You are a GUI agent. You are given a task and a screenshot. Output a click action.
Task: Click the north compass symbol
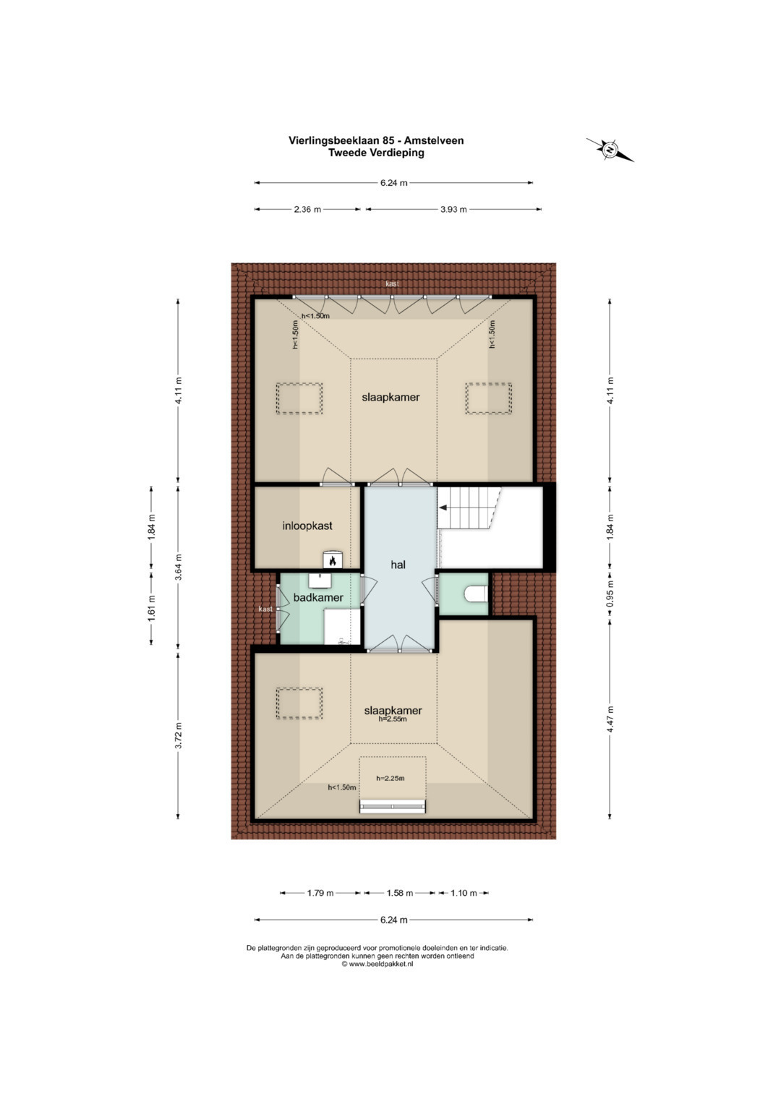pos(610,150)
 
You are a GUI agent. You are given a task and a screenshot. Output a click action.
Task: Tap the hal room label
pos(398,565)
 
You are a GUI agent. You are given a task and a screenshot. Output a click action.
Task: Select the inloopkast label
pos(307,526)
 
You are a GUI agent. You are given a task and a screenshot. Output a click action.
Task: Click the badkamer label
pos(318,598)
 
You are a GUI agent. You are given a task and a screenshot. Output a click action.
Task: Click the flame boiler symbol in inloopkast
pos(333,560)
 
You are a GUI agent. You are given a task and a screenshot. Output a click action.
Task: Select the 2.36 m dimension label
pos(307,210)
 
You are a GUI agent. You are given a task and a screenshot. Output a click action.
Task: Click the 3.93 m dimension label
pos(453,210)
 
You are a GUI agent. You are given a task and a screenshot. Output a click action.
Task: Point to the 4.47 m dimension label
pos(610,719)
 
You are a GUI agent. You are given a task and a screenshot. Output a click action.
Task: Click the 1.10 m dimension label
pos(464,893)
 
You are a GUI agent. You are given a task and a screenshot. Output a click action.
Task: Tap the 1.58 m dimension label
pos(400,893)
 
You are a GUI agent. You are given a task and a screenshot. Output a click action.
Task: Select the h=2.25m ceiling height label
pos(390,778)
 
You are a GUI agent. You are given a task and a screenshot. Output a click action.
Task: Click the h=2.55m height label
pos(393,719)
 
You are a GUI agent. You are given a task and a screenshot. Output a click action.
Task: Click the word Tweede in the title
pos(347,153)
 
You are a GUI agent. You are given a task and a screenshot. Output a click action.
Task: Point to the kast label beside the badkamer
pos(265,609)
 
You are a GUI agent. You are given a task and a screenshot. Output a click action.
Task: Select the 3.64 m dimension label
pos(179,567)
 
